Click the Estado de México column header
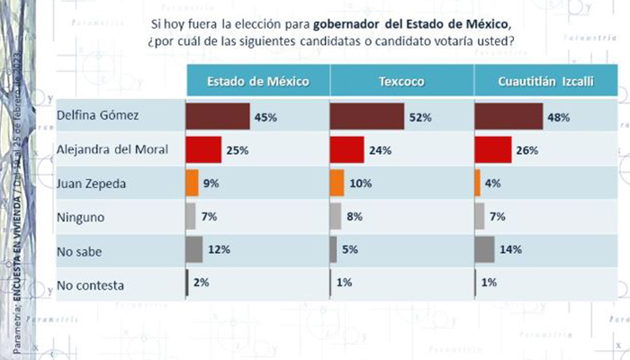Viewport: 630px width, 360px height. [x=257, y=82]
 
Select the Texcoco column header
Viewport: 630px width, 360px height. [x=402, y=82]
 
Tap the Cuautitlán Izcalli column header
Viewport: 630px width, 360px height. [x=546, y=82]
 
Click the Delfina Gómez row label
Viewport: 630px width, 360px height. [x=93, y=116]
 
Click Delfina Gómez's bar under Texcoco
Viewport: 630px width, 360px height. [x=367, y=116]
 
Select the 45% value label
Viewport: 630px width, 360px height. [x=265, y=117]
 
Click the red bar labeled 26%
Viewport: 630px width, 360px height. [x=492, y=149]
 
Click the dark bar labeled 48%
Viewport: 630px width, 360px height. [x=508, y=116]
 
